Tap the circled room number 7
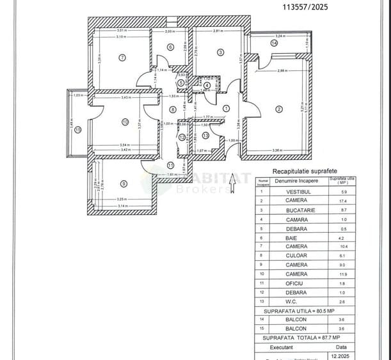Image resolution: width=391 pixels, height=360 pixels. (122, 58)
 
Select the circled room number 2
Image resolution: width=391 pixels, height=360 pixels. (278, 109)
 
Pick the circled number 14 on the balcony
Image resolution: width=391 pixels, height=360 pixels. (274, 43)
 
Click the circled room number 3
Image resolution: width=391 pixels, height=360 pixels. (219, 52)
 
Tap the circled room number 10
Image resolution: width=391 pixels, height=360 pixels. (125, 122)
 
